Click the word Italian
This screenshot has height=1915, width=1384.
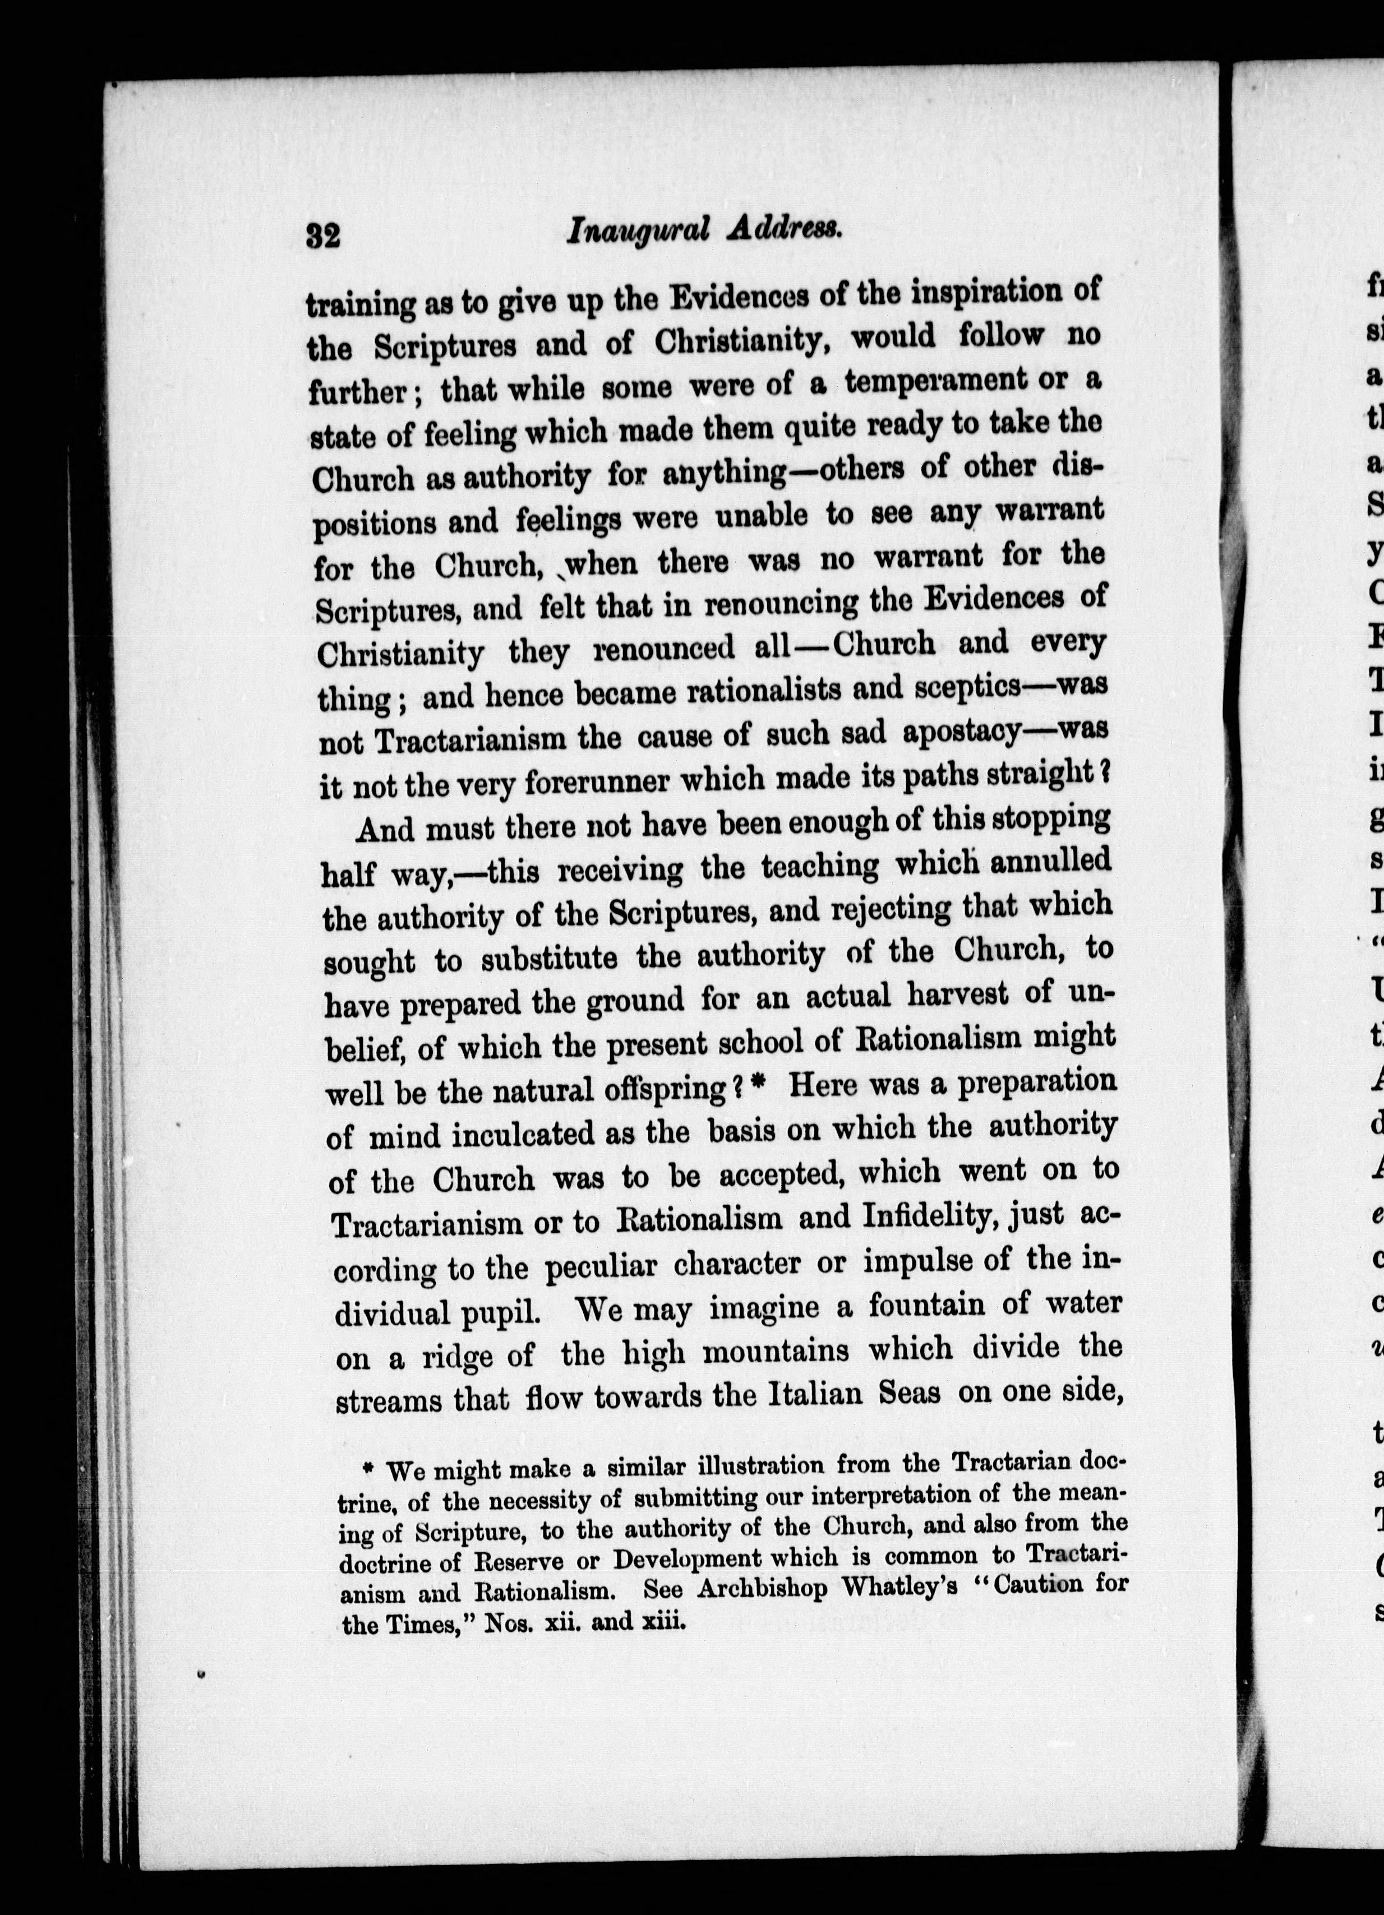[x=816, y=1395]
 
